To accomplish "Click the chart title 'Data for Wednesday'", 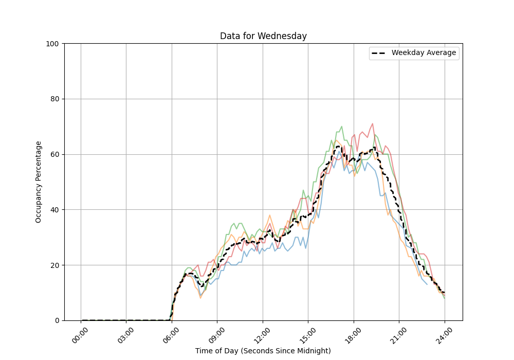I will pos(263,36).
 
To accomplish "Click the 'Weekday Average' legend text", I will pos(424,53).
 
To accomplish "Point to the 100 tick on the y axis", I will pos(53,44).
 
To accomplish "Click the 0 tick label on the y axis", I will pos(57,320).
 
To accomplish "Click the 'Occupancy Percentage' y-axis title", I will pos(39,182).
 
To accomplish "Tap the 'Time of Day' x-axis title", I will pos(263,351).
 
